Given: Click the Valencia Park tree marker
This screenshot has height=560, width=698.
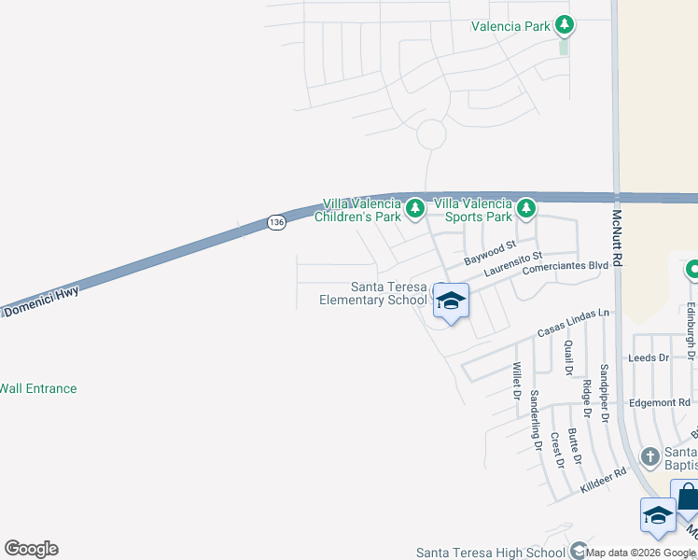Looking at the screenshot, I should [564, 25].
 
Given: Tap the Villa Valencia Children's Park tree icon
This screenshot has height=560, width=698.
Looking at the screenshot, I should [414, 207].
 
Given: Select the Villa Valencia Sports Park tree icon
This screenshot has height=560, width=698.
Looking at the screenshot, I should [526, 207].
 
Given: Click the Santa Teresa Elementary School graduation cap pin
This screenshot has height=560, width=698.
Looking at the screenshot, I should [451, 301].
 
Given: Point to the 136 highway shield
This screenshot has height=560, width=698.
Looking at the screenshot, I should [275, 222].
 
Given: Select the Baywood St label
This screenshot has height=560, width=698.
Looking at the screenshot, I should [491, 252].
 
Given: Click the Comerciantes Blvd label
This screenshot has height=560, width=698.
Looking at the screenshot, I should [565, 267].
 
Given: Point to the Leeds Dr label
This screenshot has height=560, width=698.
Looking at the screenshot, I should [649, 357].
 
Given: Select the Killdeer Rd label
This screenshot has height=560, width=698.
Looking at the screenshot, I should [602, 477].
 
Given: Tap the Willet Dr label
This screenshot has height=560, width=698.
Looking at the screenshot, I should [514, 382].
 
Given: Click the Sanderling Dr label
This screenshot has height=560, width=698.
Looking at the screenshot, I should [536, 420].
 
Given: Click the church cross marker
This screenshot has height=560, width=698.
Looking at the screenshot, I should [651, 456].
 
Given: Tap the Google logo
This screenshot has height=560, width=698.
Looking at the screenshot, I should [31, 549].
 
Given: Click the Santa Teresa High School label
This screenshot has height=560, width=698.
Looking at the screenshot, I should [491, 552].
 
